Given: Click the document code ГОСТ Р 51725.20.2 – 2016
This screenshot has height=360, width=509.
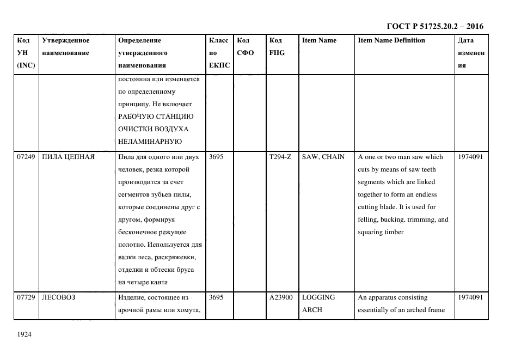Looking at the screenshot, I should [434, 26].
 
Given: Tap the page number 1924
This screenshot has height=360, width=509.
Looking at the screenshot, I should [24, 334].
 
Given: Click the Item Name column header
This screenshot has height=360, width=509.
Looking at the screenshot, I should [319, 40].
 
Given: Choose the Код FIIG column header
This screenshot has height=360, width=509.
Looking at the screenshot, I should [277, 46].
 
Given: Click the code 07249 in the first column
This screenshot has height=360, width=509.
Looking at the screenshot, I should [26, 157].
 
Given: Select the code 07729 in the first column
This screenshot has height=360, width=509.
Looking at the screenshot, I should [26, 297].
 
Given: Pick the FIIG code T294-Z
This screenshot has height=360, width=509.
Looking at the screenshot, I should [280, 157].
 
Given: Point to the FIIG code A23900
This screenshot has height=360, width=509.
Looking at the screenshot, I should [281, 297].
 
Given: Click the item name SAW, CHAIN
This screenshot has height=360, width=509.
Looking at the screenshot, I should [323, 157].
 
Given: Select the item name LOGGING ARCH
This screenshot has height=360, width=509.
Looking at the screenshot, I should [318, 303].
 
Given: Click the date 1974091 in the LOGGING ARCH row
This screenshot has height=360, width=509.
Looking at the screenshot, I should [471, 297].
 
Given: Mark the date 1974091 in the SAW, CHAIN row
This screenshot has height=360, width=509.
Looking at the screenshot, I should [471, 157].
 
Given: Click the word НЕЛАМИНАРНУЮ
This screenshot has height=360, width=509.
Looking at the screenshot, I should [149, 141].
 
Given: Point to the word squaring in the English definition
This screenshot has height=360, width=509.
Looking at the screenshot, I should [371, 232].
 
